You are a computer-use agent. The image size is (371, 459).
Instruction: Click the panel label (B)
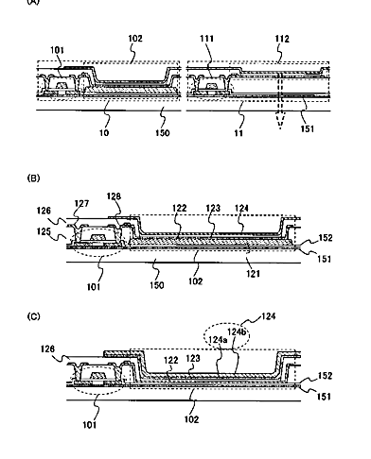coord(33,178)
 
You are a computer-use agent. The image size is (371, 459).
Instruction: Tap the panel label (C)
coord(33,316)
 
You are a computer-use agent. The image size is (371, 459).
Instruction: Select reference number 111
coord(206,39)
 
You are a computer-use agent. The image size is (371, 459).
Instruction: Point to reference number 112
coord(282,39)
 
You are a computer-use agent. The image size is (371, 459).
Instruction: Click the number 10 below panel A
coord(104,132)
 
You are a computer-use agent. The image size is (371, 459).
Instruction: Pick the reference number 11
coord(238,133)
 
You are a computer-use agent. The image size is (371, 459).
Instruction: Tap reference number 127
coord(81,203)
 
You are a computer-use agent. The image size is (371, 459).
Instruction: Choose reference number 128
coord(114,196)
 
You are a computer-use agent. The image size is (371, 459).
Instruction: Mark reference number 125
coord(44,231)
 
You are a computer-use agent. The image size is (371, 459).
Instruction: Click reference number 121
coord(254,273)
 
